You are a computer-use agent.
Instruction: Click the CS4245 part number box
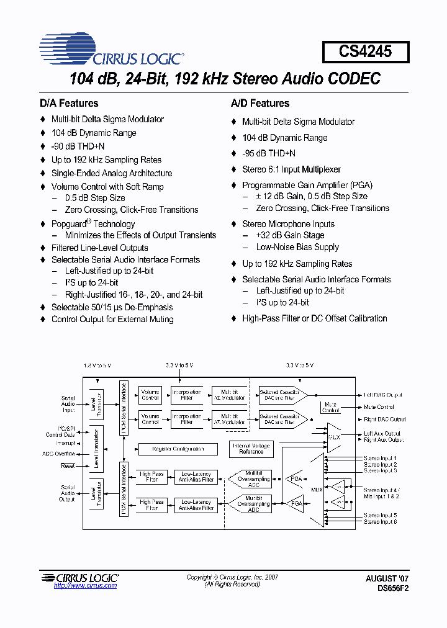(366, 52)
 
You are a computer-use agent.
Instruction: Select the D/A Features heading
(69, 103)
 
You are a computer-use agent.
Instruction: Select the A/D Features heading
(260, 103)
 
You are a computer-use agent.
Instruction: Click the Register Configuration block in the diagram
(178, 449)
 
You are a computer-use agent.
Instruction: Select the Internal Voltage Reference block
(251, 449)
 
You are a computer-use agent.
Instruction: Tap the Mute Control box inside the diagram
(331, 407)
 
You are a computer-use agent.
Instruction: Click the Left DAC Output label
(383, 395)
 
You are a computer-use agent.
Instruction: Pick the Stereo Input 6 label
(381, 522)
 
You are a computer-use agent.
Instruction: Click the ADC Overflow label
(59, 454)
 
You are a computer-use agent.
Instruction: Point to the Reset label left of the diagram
(67, 465)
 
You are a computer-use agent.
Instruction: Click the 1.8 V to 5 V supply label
(97, 366)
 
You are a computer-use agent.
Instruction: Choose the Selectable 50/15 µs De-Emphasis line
(112, 307)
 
